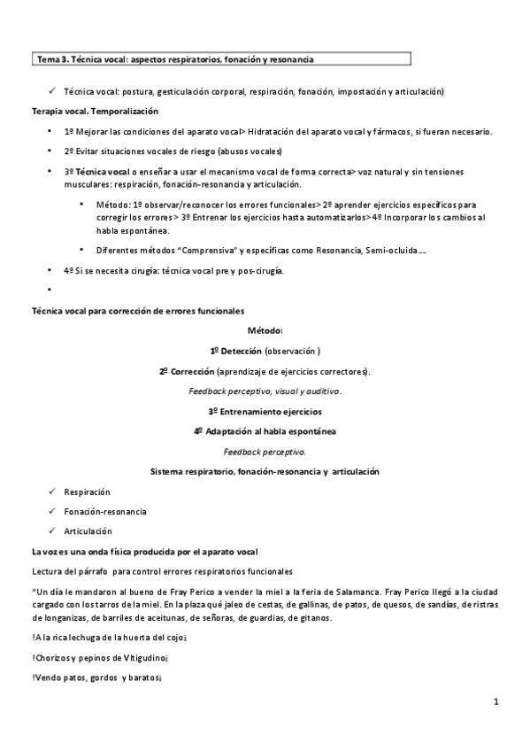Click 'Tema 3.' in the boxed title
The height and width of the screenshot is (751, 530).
point(50,59)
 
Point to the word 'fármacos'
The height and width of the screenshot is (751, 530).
point(388,131)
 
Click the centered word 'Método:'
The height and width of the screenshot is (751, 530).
point(265,330)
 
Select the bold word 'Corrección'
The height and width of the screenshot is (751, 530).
point(193,370)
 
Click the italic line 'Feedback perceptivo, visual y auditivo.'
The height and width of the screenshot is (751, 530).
point(265,391)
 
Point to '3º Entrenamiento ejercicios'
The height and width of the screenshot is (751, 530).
point(265,411)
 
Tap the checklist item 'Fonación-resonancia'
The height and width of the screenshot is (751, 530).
point(105,511)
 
